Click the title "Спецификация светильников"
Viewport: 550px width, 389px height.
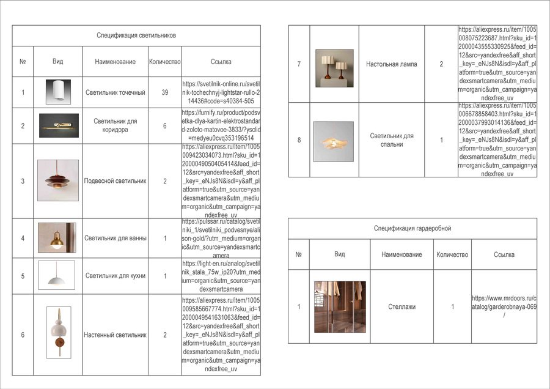pyautogui.click(x=136, y=35)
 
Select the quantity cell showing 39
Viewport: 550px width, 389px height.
pyautogui.click(x=164, y=92)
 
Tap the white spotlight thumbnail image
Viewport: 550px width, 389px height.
pyautogui.click(x=58, y=92)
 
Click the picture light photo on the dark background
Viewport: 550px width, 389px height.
pyautogui.click(x=59, y=125)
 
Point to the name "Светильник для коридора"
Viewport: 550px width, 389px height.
pyautogui.click(x=116, y=125)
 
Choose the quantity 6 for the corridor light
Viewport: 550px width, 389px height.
pyautogui.click(x=164, y=125)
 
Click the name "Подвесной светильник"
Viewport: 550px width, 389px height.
pyautogui.click(x=116, y=181)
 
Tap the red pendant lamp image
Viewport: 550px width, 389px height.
pyautogui.click(x=58, y=180)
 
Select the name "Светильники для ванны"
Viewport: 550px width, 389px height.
pyautogui.click(x=116, y=238)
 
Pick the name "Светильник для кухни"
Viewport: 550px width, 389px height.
pyautogui.click(x=116, y=276)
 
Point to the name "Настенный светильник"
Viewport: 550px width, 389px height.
pyautogui.click(x=116, y=335)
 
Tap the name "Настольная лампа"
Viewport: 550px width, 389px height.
pyautogui.click(x=392, y=64)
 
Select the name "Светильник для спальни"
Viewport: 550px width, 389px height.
pyautogui.click(x=392, y=140)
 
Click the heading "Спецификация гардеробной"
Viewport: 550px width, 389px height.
pyautogui.click(x=413, y=228)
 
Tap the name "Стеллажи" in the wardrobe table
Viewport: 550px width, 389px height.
pyautogui.click(x=402, y=306)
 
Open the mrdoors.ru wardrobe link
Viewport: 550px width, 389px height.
pyautogui.click(x=504, y=306)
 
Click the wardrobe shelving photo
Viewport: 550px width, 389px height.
pyautogui.click(x=339, y=306)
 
